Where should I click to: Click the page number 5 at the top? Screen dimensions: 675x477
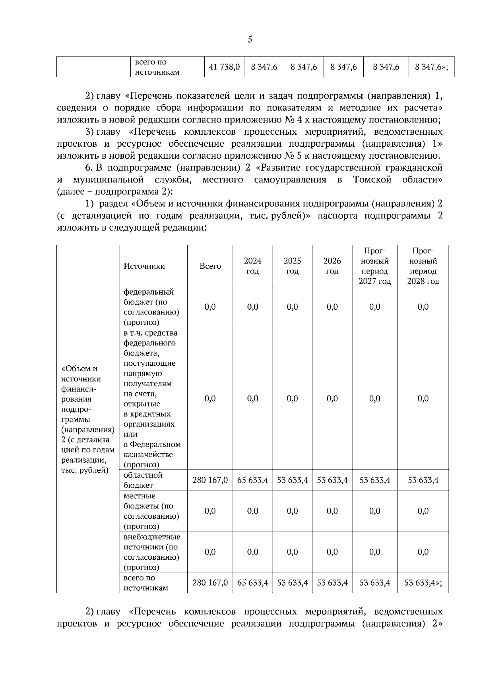tap(250, 39)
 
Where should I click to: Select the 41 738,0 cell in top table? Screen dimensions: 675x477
tap(224, 67)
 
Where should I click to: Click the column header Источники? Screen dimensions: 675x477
tap(144, 266)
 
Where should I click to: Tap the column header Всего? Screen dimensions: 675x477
tap(210, 266)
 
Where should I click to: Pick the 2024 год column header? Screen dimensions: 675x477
tap(252, 266)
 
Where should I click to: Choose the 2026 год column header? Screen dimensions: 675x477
tap(332, 266)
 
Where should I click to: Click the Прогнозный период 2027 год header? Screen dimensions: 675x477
tap(374, 266)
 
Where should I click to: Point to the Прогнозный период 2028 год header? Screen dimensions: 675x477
tap(423, 266)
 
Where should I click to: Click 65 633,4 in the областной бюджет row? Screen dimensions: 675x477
tap(252, 480)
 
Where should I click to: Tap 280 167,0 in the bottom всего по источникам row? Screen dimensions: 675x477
tap(210, 582)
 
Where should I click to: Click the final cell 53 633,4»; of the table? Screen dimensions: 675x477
tap(423, 582)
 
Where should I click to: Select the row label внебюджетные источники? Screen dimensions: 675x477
tap(151, 552)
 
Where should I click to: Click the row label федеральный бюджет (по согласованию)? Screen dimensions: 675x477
tap(151, 306)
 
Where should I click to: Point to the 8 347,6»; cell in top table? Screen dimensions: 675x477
tap(431, 67)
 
